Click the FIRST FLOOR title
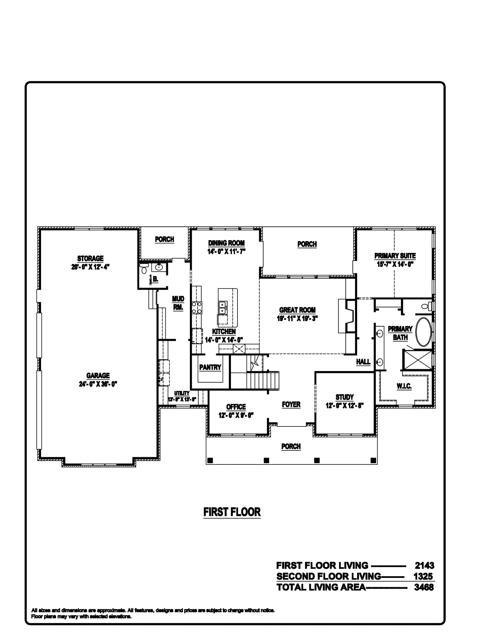(x=232, y=512)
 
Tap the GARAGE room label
(x=98, y=375)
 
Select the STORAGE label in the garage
(x=90, y=258)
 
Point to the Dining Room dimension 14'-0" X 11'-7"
(x=227, y=251)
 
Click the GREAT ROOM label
(x=297, y=310)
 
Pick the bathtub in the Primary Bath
(x=424, y=332)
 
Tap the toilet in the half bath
(x=143, y=269)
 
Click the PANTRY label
(x=210, y=367)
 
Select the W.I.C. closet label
(x=404, y=386)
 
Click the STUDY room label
(x=344, y=397)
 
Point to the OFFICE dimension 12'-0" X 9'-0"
(x=236, y=415)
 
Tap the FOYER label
(x=291, y=404)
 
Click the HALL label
(x=363, y=361)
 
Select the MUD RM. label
(x=178, y=303)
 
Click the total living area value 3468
(x=424, y=587)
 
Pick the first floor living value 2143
(x=425, y=565)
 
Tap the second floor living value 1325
(x=423, y=576)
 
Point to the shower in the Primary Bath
(x=418, y=360)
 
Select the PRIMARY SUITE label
(x=395, y=256)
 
